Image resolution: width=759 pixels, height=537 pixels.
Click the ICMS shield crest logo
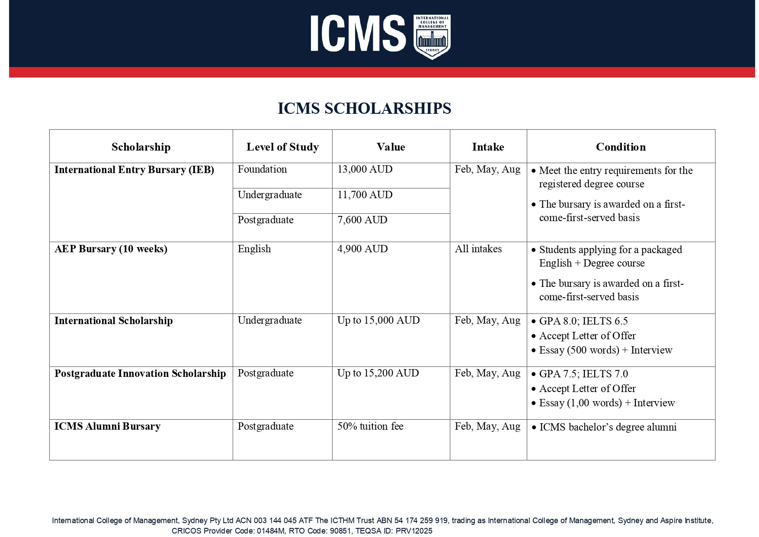click(x=432, y=37)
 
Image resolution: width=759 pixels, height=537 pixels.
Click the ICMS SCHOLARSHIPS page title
click(x=364, y=108)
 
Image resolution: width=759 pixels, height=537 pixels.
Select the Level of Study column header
click(x=282, y=147)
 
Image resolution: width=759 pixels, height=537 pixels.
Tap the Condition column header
click(x=621, y=147)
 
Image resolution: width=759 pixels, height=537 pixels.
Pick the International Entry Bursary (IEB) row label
click(x=134, y=170)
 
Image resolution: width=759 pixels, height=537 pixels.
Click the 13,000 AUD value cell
click(x=365, y=169)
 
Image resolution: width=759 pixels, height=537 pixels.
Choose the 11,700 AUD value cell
click(x=365, y=195)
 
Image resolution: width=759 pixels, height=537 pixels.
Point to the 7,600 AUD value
click(x=362, y=220)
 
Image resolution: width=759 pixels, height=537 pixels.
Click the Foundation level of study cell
click(x=262, y=169)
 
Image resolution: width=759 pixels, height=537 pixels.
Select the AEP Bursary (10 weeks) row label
click(x=111, y=249)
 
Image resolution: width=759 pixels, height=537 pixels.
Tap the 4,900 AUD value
click(x=362, y=249)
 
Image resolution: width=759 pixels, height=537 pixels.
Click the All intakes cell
click(x=478, y=249)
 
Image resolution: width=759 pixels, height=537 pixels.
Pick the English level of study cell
click(x=254, y=249)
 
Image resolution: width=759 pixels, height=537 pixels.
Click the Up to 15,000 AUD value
click(x=378, y=320)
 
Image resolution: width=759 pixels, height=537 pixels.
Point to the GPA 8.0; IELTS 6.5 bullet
click(x=583, y=321)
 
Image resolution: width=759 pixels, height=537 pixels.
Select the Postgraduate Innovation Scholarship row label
click(x=140, y=373)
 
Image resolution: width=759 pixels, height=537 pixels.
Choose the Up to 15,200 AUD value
click(x=378, y=373)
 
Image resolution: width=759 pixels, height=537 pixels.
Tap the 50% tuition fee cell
click(x=370, y=426)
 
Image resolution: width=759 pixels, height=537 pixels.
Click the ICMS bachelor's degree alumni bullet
click(x=608, y=427)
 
